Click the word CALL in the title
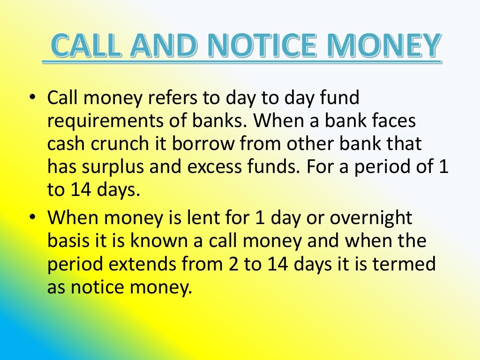pos(87,46)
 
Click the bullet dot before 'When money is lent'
pos(32,218)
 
